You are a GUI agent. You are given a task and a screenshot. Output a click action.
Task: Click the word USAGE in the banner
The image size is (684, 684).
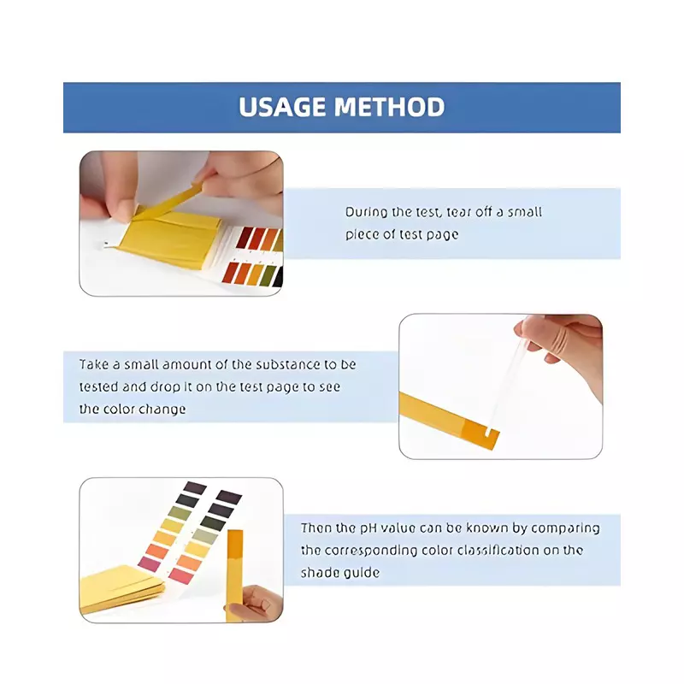[x=281, y=108]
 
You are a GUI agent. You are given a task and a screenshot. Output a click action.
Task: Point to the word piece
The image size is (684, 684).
[x=361, y=234]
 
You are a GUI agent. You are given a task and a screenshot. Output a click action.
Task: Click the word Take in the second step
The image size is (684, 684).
[x=95, y=364]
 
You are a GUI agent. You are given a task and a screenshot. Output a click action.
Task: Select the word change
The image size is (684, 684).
[x=165, y=409]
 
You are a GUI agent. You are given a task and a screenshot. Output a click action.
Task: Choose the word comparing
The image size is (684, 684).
[x=565, y=528]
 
